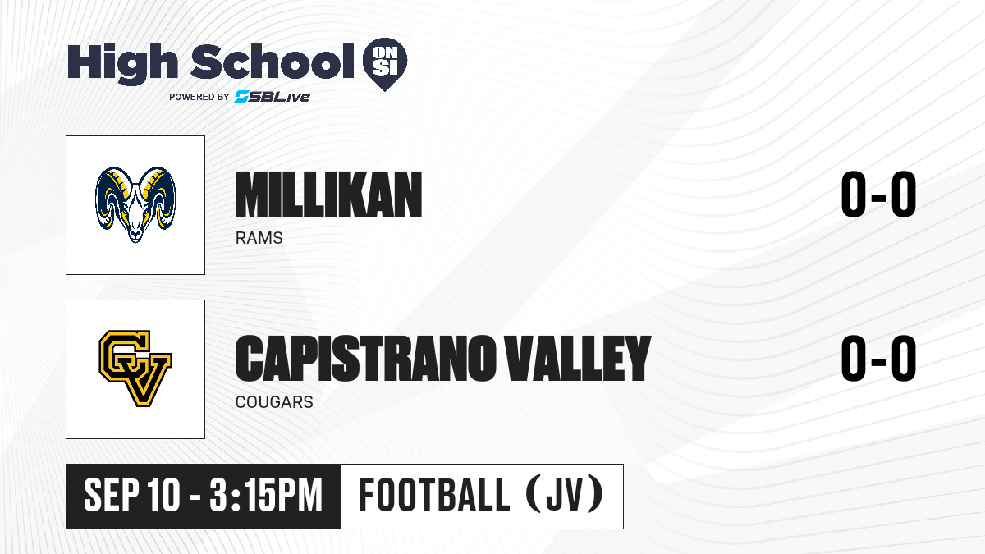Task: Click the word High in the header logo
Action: (x=122, y=63)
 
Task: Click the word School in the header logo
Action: (x=273, y=61)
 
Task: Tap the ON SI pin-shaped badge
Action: (x=385, y=64)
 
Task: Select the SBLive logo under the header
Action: (x=272, y=97)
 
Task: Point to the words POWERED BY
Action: (x=199, y=97)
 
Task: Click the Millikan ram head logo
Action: (x=135, y=204)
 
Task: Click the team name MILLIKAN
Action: (x=328, y=195)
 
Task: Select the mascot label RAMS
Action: (x=259, y=238)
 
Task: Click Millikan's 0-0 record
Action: (x=878, y=195)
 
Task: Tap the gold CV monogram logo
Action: (x=135, y=369)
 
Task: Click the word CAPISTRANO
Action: (x=366, y=359)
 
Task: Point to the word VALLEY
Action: (x=577, y=359)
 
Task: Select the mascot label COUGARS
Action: (x=274, y=402)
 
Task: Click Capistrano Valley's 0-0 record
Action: (x=878, y=359)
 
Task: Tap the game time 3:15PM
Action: (x=266, y=495)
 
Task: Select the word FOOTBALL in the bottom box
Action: (x=434, y=495)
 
